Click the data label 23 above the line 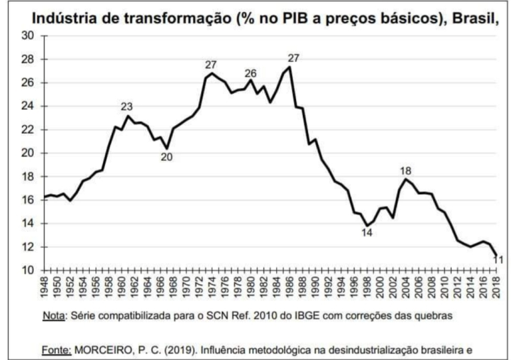pyautogui.click(x=127, y=106)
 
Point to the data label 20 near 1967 pyautogui.click(x=166, y=157)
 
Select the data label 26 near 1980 pyautogui.click(x=250, y=73)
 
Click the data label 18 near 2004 pyautogui.click(x=406, y=170)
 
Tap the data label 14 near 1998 pyautogui.click(x=367, y=233)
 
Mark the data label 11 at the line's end pyautogui.click(x=498, y=260)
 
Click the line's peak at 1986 pyautogui.click(x=291, y=67)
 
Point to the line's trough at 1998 pyautogui.click(x=367, y=226)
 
